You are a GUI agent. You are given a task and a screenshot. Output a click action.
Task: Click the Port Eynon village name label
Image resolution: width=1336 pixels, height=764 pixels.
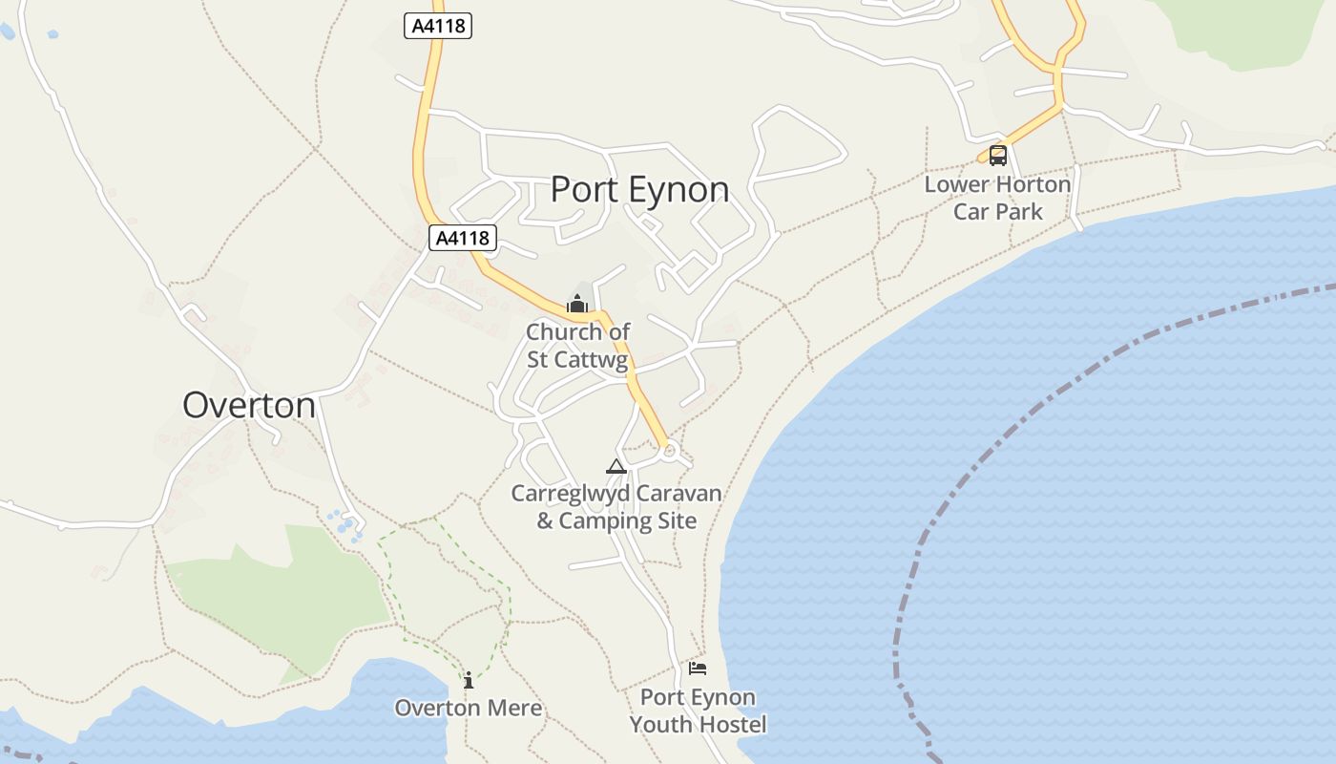pyautogui.click(x=639, y=189)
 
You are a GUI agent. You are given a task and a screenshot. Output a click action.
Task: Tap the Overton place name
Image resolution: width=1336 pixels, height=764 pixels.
pyautogui.click(x=249, y=405)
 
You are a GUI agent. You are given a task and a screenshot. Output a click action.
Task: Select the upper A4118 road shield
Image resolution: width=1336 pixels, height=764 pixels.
pyautogui.click(x=438, y=26)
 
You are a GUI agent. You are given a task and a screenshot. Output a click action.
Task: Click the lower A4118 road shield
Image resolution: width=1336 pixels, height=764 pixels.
pyautogui.click(x=463, y=238)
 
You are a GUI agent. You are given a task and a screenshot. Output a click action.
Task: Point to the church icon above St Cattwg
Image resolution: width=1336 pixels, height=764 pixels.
pyautogui.click(x=576, y=305)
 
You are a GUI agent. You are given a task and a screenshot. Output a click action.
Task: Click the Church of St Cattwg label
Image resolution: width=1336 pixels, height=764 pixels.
pyautogui.click(x=578, y=346)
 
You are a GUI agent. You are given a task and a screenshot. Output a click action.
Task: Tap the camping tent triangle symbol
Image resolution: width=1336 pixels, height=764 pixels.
pyautogui.click(x=616, y=466)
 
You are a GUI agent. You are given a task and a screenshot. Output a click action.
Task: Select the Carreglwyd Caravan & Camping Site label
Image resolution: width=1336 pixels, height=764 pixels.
pyautogui.click(x=616, y=507)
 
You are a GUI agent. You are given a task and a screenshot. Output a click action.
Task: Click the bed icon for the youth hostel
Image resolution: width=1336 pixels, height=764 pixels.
pyautogui.click(x=698, y=668)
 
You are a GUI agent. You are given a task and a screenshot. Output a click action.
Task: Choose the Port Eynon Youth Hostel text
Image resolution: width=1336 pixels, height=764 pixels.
pyautogui.click(x=698, y=711)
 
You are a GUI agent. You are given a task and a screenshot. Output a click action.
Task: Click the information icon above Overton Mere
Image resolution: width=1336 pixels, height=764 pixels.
pyautogui.click(x=469, y=680)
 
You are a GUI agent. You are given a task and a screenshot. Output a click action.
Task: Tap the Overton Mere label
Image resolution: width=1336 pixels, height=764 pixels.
pyautogui.click(x=469, y=708)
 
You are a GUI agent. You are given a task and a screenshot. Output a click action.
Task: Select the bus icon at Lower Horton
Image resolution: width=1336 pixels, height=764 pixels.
pyautogui.click(x=997, y=155)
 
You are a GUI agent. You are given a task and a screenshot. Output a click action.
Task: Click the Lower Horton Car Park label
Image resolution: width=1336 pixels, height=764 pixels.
pyautogui.click(x=997, y=198)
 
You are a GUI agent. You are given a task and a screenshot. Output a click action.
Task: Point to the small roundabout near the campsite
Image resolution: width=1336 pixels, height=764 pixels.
pyautogui.click(x=669, y=450)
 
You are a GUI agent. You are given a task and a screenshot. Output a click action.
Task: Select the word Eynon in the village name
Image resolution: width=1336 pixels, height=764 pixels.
pyautogui.click(x=679, y=189)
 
